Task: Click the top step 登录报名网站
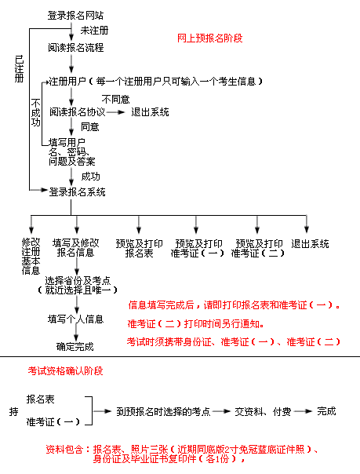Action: pos(75,15)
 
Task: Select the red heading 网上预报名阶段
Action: pos(209,38)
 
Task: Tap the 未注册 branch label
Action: pos(94,31)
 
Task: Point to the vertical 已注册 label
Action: pos(20,68)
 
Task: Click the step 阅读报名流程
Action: pos(76,47)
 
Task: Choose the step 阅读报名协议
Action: pos(78,112)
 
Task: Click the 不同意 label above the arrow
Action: pos(115,99)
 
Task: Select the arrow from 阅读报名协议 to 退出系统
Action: pos(115,112)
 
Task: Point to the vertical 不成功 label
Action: pos(35,112)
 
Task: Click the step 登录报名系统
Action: pos(78,192)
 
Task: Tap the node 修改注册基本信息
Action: pos(31,257)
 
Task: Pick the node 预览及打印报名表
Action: pos(140,248)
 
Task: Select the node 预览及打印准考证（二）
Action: pos(257,248)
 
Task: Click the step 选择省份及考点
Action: pos(78,280)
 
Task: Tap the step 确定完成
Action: pos(75,346)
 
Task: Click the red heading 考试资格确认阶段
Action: pos(66,370)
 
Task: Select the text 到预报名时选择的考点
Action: pos(163,411)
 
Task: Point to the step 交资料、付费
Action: pos(263,411)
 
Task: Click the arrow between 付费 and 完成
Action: pos(303,411)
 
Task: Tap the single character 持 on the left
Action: pos(13,411)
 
